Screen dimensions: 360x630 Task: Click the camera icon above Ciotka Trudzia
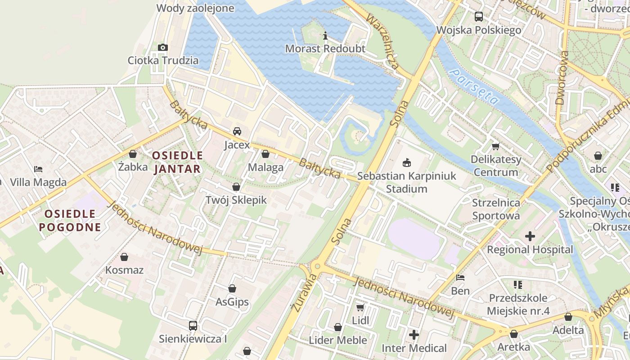[x=163, y=47]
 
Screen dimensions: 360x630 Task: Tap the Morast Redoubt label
[x=325, y=48]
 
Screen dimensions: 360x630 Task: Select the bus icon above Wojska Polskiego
[x=479, y=17]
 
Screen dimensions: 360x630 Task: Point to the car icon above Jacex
[x=237, y=131]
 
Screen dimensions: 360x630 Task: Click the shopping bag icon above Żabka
[x=133, y=154]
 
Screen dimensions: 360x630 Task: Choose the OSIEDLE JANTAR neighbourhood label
[x=177, y=162]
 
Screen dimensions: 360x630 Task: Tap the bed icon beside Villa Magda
[x=38, y=169]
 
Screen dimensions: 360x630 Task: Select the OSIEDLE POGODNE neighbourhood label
[x=70, y=220]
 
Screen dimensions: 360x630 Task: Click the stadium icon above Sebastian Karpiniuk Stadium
[x=406, y=162]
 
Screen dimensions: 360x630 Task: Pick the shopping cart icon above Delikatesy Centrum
[x=496, y=146]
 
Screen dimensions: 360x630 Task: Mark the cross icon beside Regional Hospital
[x=530, y=236]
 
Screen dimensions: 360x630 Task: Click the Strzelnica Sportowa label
[x=496, y=209]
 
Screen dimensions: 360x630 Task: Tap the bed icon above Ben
[x=460, y=278]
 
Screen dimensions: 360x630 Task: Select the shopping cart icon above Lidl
[x=360, y=307]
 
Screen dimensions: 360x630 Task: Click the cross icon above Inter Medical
[x=414, y=335]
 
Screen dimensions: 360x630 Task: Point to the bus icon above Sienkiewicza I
[x=193, y=325]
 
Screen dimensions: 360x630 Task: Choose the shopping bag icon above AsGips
[x=232, y=288]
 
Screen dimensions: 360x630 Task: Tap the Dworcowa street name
[x=562, y=77]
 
